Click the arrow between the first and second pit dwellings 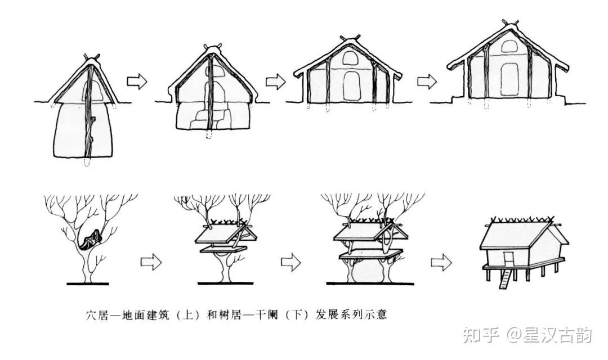136,82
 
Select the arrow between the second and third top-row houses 275,81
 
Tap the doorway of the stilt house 510,259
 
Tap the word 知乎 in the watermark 480,335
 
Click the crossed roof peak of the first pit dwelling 92,57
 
